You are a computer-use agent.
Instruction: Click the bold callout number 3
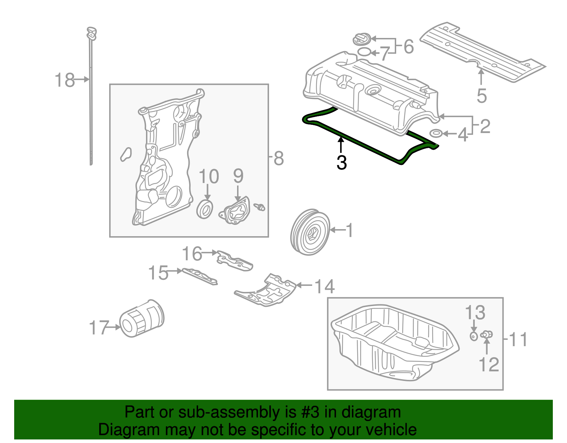point(341,162)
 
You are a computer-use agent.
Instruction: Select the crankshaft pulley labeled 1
point(310,232)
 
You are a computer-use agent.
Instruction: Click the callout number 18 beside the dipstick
point(65,80)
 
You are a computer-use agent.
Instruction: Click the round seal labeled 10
point(205,209)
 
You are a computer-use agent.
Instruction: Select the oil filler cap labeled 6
point(362,39)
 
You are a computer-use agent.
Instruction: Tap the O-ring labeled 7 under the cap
point(364,52)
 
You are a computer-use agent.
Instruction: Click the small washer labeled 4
point(436,133)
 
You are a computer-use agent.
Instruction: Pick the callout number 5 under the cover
point(482,96)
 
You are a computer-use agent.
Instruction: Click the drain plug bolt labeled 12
point(487,334)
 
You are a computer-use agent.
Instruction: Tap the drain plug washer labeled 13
point(474,336)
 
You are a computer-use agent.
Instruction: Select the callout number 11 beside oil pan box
point(518,339)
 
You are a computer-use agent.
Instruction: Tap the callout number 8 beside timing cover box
point(279,158)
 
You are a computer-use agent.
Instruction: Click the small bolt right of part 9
point(260,207)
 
